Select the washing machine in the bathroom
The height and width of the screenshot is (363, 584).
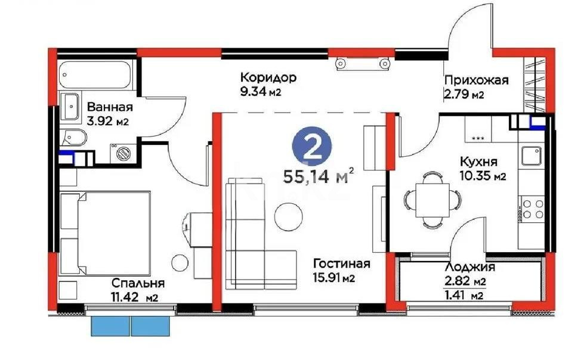(124, 153)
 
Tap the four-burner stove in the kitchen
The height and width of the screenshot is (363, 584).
(532, 209)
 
